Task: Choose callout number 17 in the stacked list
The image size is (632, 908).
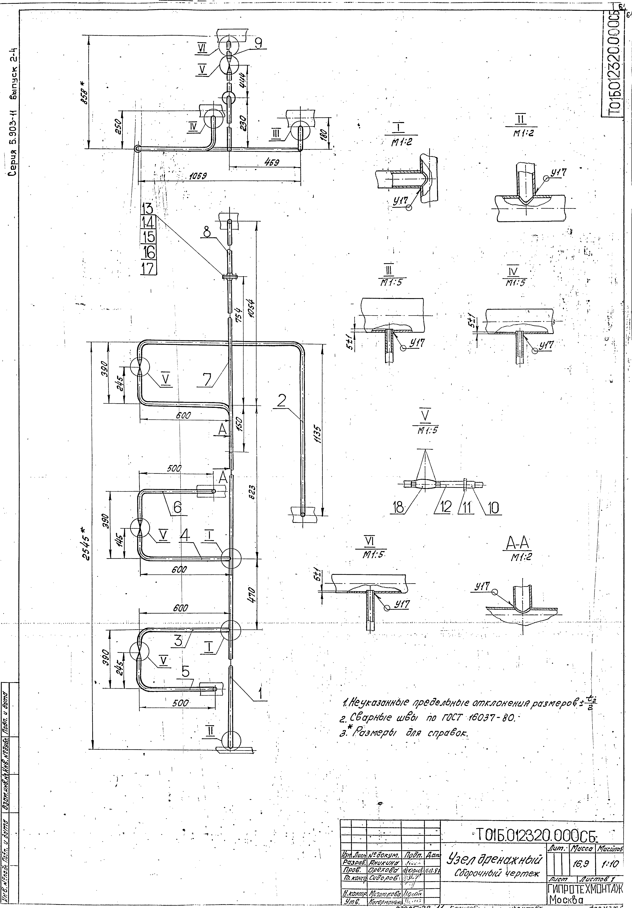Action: pyautogui.click(x=148, y=269)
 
